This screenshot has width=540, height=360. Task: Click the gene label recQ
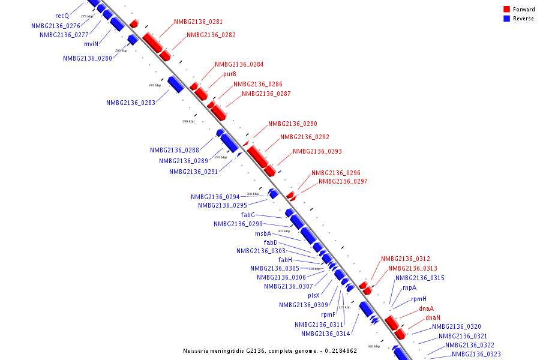tap(62, 16)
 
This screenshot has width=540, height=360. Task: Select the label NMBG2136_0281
tap(198, 22)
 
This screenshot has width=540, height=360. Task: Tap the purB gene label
tap(230, 74)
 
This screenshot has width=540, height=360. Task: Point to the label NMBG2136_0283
tap(131, 103)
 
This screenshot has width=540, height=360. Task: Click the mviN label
tap(91, 44)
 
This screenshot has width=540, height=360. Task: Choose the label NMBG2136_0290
tap(292, 124)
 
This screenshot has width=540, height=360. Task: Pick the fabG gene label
tap(248, 215)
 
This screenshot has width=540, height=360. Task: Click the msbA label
tap(263, 234)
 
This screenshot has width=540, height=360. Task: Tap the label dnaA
tap(426, 308)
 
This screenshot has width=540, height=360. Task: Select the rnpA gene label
tap(409, 288)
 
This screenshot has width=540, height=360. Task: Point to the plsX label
tap(314, 295)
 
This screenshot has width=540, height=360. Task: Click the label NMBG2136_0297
tap(343, 182)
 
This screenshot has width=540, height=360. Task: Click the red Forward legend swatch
tap(507, 10)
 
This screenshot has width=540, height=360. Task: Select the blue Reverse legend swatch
tap(507, 19)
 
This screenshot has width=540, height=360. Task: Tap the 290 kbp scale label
tap(188, 121)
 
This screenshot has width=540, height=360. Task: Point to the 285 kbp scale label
tap(155, 86)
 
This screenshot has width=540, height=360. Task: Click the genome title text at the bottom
tap(269, 350)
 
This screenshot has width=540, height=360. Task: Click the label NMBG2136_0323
tap(476, 355)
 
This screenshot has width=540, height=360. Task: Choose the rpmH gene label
tap(419, 299)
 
